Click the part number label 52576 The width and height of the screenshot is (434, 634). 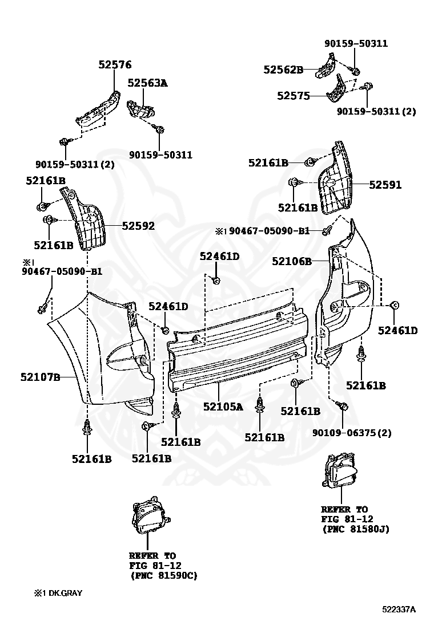click(x=115, y=65)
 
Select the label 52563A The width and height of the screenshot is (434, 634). click(x=147, y=83)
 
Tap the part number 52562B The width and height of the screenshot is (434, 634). click(x=283, y=70)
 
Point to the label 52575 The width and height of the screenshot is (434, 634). click(x=294, y=96)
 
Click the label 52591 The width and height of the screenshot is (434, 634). click(x=385, y=185)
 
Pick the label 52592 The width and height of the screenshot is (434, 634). click(x=138, y=226)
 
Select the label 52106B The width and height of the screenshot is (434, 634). click(x=291, y=261)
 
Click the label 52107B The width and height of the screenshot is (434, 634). click(x=41, y=377)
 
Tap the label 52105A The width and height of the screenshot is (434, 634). click(x=223, y=407)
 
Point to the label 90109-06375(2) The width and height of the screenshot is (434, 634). click(x=352, y=433)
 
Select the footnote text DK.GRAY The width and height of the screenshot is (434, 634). click(x=64, y=593)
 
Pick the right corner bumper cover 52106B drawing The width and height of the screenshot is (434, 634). click(x=348, y=302)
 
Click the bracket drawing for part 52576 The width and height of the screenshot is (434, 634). click(x=98, y=109)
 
